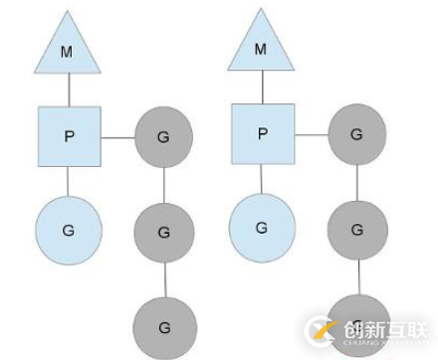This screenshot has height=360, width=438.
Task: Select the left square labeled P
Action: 69,135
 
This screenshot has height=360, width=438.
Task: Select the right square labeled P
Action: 263,133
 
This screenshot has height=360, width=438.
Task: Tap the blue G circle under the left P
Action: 68,228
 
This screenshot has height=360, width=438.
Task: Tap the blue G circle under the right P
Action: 262,226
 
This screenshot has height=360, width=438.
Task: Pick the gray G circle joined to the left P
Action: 163,134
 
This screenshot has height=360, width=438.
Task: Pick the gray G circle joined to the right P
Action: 357,132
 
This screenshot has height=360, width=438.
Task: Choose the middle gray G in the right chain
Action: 357,228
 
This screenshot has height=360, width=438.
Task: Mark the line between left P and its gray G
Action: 117,135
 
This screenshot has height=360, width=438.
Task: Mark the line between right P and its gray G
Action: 312,132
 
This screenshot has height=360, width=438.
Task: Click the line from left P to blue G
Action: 68,182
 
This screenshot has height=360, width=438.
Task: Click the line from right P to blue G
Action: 262,180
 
